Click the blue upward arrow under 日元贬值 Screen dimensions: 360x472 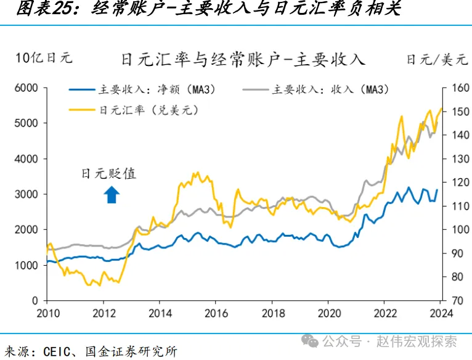click(112, 195)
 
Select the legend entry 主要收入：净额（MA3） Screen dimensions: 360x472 click(145, 90)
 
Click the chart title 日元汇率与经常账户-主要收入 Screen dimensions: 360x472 click(243, 59)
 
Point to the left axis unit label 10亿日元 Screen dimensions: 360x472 click(44, 58)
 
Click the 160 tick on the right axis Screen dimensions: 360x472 click(460, 88)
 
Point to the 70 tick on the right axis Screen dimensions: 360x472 click(458, 300)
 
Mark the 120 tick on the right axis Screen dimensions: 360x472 click(460, 182)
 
